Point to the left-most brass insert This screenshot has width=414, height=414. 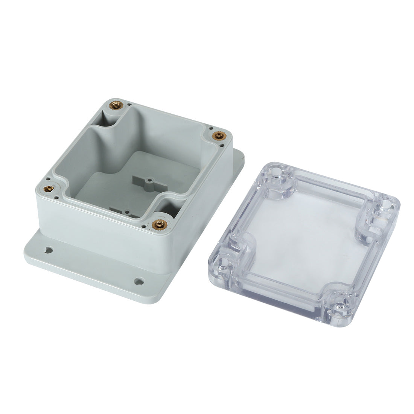pos(49,188)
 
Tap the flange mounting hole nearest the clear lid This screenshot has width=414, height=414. pos(139,281)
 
